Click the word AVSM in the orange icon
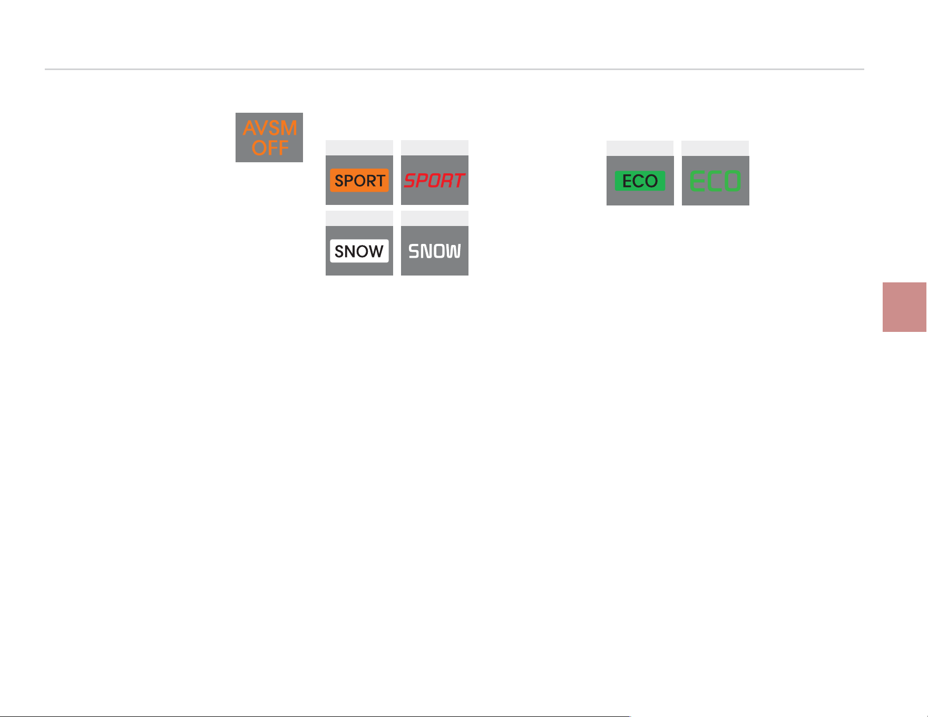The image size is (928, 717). [x=270, y=128]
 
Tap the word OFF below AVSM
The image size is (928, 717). [x=270, y=148]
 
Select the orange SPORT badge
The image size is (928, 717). [x=359, y=180]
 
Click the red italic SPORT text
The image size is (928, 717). [x=435, y=181]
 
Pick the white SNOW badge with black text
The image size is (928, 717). [x=359, y=251]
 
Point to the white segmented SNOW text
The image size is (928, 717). [x=435, y=251]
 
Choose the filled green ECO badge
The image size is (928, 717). [x=640, y=181]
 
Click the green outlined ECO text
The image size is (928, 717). [x=716, y=181]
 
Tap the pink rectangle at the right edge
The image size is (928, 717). [x=905, y=307]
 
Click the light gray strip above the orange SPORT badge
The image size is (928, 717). [x=359, y=148]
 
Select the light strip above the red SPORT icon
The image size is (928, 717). [x=435, y=148]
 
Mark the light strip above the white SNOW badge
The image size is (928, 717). [x=359, y=219]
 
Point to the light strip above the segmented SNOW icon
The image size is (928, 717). [x=435, y=219]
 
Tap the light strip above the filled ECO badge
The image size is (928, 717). [x=640, y=149]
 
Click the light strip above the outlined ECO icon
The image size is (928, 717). [x=716, y=149]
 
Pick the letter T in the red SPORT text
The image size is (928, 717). [x=458, y=181]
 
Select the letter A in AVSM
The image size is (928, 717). [x=250, y=129]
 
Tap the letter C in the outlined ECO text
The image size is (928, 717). [x=715, y=181]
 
